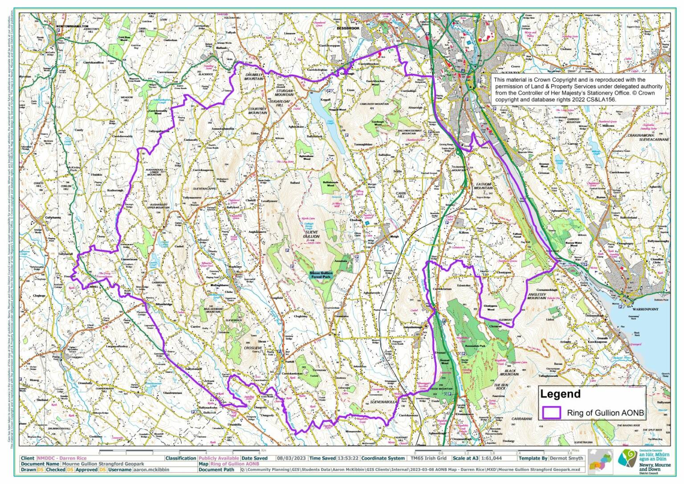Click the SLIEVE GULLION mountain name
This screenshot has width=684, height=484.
(x=311, y=234)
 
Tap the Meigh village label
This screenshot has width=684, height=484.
(x=394, y=236)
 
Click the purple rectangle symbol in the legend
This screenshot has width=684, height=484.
(x=551, y=412)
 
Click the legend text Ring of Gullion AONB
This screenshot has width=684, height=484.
(x=605, y=413)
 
